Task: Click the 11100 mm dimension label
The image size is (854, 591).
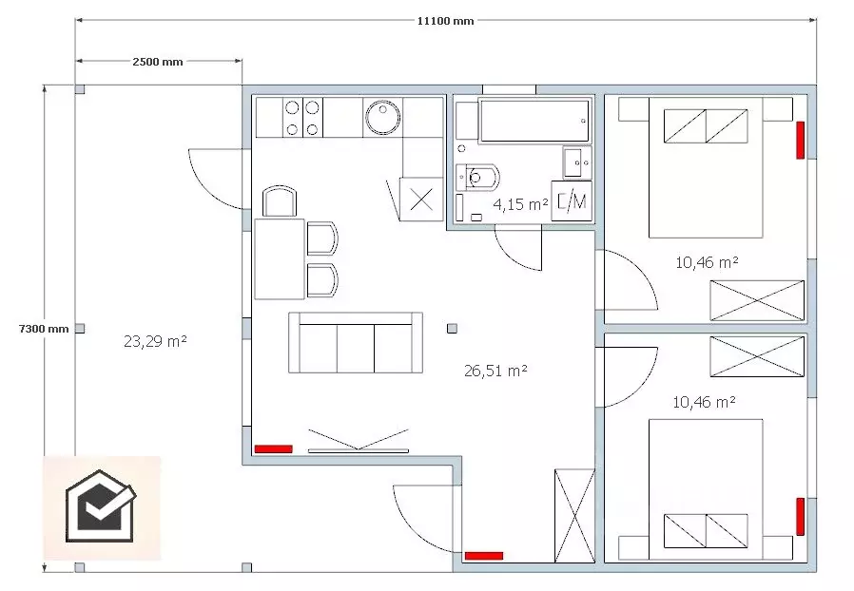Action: point(445,21)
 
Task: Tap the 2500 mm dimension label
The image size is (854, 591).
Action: point(158,62)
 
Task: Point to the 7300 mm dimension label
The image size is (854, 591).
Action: point(44,329)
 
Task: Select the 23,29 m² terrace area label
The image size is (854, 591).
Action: point(155,341)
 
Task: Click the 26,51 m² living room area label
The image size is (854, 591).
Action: point(495,371)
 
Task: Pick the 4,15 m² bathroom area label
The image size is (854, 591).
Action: point(520,204)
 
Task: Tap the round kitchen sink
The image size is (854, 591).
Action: point(383,116)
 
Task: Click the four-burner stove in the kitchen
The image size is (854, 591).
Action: point(302,117)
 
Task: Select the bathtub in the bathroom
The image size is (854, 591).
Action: point(534,121)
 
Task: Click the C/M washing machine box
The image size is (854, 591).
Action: point(572,200)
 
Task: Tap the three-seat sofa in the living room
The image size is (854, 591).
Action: point(356,342)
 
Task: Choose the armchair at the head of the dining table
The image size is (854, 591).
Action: point(280,201)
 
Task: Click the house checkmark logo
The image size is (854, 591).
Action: point(101,506)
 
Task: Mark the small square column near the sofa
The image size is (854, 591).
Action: point(452,328)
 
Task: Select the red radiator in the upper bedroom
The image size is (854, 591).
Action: point(800,140)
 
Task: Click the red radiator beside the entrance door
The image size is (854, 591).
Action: point(484,556)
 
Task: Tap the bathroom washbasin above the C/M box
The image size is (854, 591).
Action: point(577,162)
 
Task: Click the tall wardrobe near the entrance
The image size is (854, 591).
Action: point(574,515)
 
